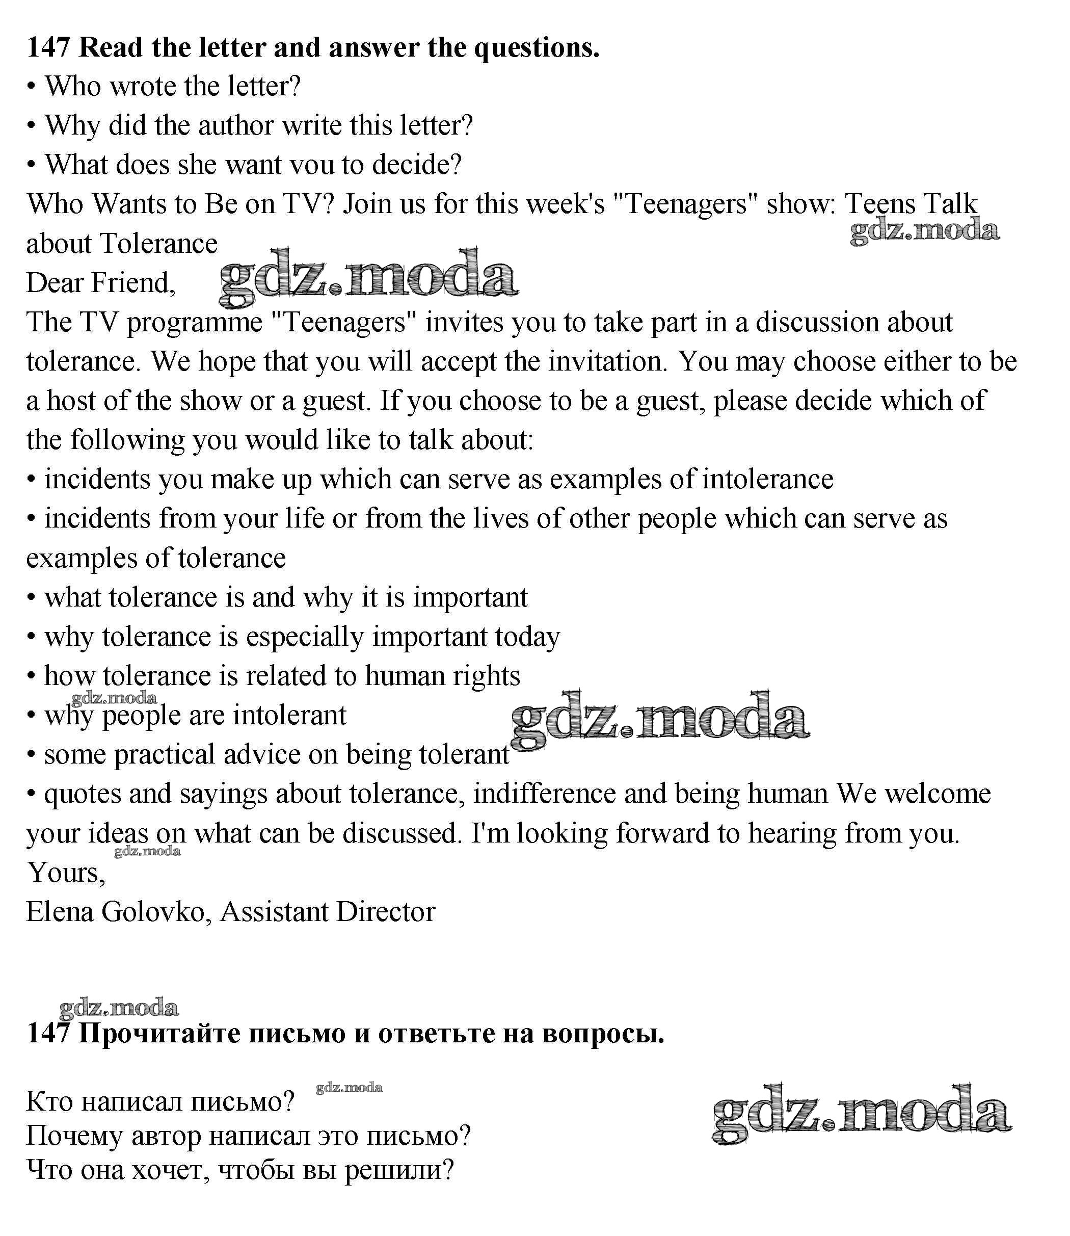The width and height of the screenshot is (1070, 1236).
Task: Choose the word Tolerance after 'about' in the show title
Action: tap(159, 244)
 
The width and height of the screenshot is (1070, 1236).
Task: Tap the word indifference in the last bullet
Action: tap(545, 794)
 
